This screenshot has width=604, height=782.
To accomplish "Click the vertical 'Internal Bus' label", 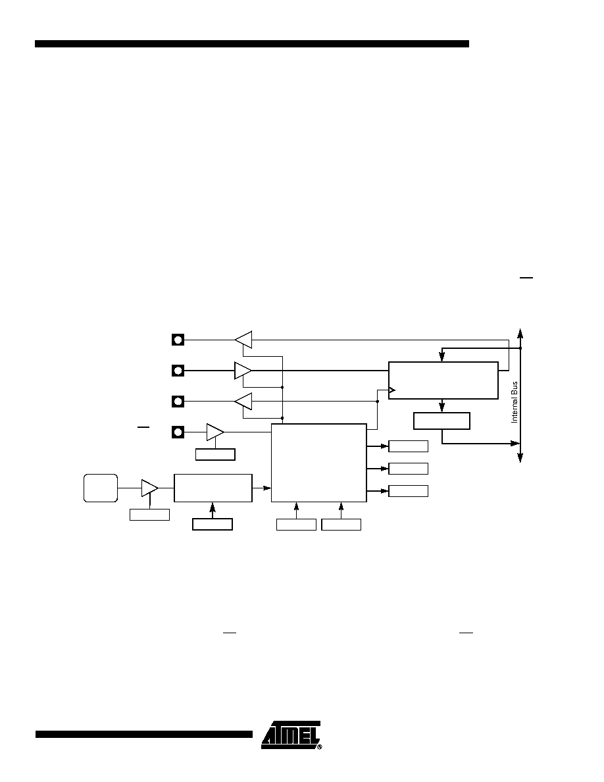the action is coord(515,402).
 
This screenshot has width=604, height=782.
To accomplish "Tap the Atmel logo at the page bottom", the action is coord(291,735).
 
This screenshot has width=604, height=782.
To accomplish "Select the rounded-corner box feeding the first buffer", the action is coord(101,488).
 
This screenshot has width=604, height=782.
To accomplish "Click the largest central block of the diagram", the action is coord(319,463).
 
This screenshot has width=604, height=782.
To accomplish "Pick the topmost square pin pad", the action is coord(178,340).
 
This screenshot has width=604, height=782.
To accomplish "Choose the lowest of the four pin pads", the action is coord(178,432).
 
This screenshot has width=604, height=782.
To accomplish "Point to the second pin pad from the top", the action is coord(178,371).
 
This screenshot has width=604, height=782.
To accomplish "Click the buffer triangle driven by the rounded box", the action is coord(149,488).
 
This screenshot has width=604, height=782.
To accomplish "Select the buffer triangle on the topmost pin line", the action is coord(243,340).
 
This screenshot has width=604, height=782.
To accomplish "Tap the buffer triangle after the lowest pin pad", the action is coord(215,432).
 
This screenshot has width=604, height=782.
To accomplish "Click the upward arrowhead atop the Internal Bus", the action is coord(520,332).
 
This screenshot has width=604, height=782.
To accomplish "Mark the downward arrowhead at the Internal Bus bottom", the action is coord(520,458).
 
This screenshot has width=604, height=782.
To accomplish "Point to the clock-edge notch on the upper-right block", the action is coord(392,390).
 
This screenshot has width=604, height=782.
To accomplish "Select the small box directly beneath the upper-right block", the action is coord(441,421).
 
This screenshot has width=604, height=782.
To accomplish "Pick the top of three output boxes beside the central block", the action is coord(408,446).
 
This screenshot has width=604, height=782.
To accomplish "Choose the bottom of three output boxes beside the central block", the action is coord(408,491).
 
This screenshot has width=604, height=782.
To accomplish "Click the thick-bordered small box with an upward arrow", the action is coord(213,524).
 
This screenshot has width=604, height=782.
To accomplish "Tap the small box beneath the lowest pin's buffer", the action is coord(215,454).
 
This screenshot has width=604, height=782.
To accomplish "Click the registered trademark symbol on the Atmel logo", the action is coord(320,747).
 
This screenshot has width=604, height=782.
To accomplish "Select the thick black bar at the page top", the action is coord(251,44).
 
